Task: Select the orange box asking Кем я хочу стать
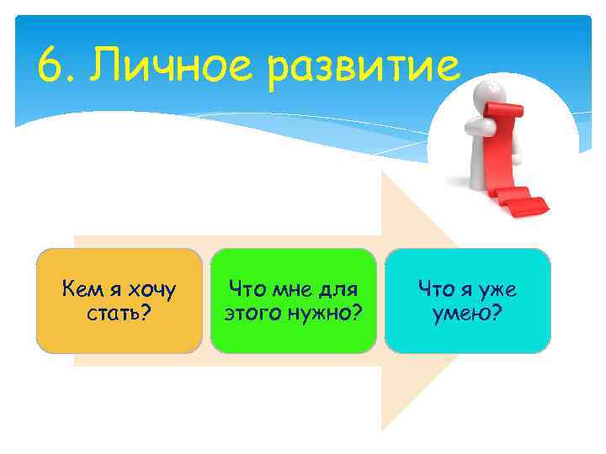pyautogui.click(x=119, y=299)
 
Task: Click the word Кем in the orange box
pyautogui.click(x=82, y=290)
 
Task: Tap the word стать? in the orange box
pyautogui.click(x=119, y=313)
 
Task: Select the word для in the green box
pyautogui.click(x=340, y=290)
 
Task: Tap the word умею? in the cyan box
pyautogui.click(x=468, y=313)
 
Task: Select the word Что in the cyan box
pyautogui.click(x=436, y=290)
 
